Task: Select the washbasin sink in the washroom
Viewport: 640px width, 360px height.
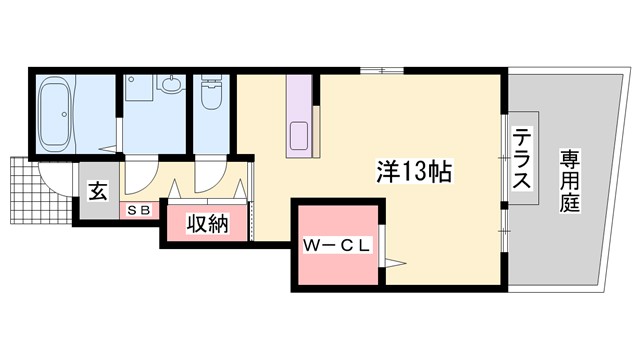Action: pos(168,86)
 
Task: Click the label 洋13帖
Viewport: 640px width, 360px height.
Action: pos(414,170)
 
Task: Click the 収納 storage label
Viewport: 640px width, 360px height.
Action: pos(205,222)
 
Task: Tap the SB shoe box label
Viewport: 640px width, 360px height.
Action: pos(136,211)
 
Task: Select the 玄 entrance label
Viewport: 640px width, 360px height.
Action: pos(96,190)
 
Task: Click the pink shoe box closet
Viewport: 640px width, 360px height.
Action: pos(139,211)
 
